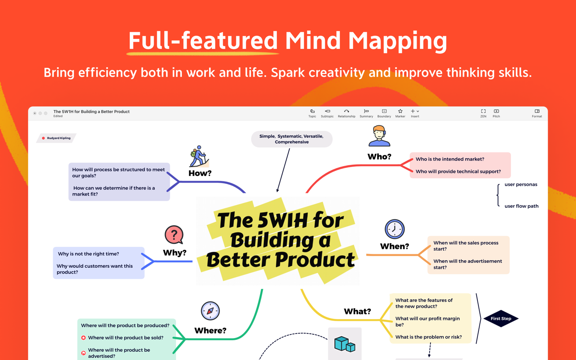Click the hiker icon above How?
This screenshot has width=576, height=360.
coord(199,156)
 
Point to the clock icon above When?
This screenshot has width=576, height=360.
coord(394,229)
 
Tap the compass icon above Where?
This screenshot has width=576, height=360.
coord(210,311)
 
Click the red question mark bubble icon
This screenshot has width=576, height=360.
coord(174,235)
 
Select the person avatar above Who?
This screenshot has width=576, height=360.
coord(379,137)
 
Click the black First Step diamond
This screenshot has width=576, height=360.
coord(501,319)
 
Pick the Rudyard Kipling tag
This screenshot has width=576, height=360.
coord(56,138)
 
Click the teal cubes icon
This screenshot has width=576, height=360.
coord(344,344)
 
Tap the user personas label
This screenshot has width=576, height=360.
coord(520,184)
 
